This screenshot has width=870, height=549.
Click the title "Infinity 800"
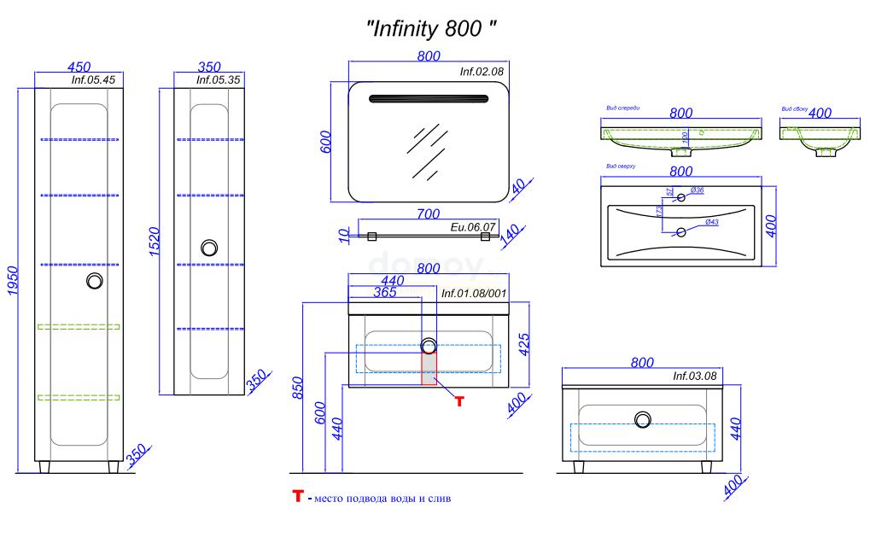[x=431, y=27]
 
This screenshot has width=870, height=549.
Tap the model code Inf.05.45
[x=94, y=80]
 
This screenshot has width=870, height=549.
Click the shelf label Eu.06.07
[x=472, y=227]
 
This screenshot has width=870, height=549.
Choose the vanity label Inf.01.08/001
[x=474, y=293]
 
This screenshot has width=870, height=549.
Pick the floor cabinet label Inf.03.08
[x=693, y=375]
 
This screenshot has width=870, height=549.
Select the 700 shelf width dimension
[x=429, y=213]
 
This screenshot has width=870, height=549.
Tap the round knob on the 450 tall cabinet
[x=96, y=282]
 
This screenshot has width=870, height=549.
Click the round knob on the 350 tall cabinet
[x=209, y=248]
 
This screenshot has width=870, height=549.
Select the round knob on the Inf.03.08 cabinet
[x=642, y=419]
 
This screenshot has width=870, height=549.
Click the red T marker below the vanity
[x=459, y=400]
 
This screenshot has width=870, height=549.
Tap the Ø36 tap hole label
[x=696, y=190]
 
